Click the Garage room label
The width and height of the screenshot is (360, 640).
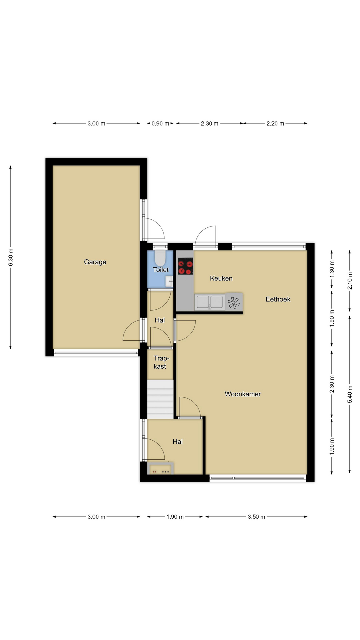pyautogui.click(x=95, y=262)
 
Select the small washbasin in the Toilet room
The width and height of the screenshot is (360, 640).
pyautogui.click(x=169, y=281)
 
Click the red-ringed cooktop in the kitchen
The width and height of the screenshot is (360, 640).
pyautogui.click(x=185, y=266)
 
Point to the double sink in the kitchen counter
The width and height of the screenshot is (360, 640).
pyautogui.click(x=210, y=302)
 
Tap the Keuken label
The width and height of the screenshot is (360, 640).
pyautogui.click(x=221, y=278)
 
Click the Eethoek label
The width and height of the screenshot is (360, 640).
pyautogui.click(x=278, y=299)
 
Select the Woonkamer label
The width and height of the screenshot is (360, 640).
pyautogui.click(x=243, y=394)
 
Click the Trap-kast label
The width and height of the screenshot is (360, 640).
pyautogui.click(x=160, y=362)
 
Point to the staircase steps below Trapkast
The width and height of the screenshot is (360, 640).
pyautogui.click(x=161, y=399)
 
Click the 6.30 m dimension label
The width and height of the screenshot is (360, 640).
pyautogui.click(x=11, y=257)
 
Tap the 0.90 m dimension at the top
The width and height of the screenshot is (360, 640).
pyautogui.click(x=160, y=123)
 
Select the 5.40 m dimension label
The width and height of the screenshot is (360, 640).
pyautogui.click(x=350, y=394)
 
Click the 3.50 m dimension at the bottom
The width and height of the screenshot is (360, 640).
pyautogui.click(x=256, y=517)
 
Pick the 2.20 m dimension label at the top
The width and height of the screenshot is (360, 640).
pyautogui.click(x=275, y=123)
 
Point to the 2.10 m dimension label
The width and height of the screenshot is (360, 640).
pyautogui.click(x=350, y=281)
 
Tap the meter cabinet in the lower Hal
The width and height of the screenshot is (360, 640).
pyautogui.click(x=160, y=468)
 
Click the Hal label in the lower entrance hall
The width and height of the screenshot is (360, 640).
pyautogui.click(x=178, y=442)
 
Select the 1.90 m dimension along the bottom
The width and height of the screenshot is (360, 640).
pyautogui.click(x=175, y=517)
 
